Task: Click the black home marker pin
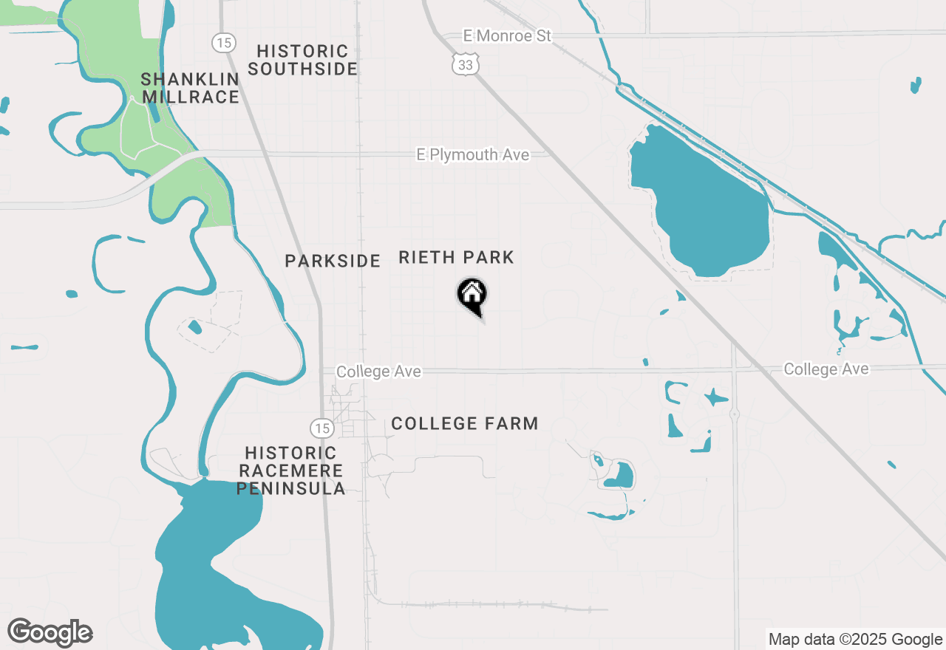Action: pos(472,295)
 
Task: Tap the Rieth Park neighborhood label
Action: pos(456,258)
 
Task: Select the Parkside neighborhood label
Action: pos(333,261)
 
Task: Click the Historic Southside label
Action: pos(302,60)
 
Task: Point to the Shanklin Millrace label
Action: pos(190,88)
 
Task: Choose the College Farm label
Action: pos(464,423)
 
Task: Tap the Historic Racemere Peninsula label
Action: pos(291,471)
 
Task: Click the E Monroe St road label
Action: pos(507,35)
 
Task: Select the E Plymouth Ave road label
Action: pos(473,154)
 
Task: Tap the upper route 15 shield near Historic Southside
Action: pos(223,43)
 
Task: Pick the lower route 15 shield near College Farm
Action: pos(321,428)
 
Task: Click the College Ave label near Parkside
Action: pos(378,372)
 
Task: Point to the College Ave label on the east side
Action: pos(826,369)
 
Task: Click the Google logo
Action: pos(50,632)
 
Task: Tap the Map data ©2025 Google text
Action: pos(855,639)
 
